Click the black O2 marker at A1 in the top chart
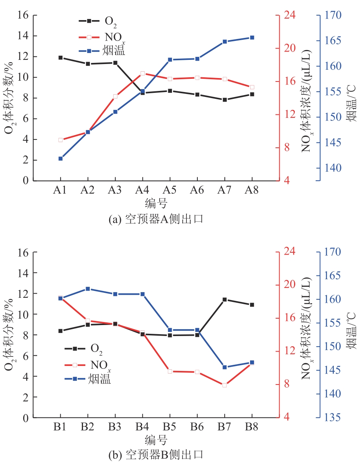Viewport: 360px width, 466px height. tap(61, 58)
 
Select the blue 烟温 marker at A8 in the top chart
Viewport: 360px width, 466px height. tap(252, 38)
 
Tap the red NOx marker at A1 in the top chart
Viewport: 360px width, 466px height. tap(61, 140)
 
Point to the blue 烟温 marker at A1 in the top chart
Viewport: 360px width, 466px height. tap(61, 158)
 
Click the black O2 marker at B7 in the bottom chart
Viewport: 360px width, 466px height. tap(225, 300)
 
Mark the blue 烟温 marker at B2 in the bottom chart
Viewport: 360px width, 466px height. tap(88, 289)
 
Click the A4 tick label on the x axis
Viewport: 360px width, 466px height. tap(142, 191)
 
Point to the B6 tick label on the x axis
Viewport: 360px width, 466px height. tap(197, 427)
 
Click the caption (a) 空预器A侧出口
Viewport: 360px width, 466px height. tap(156, 219)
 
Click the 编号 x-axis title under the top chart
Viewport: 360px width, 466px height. tap(156, 204)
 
